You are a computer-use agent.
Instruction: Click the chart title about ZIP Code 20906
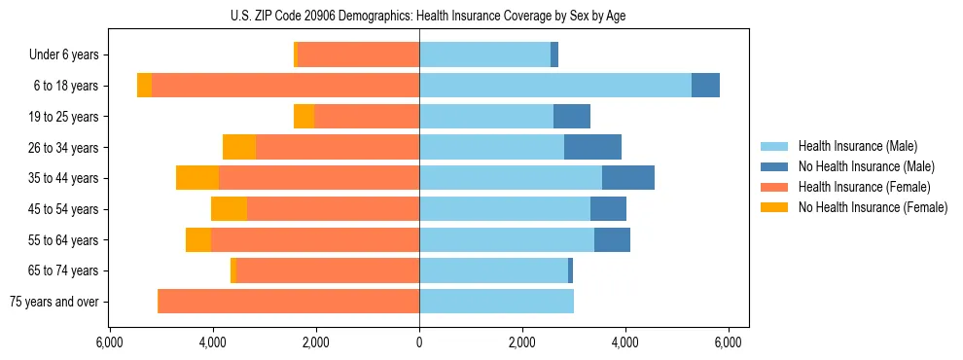(x=419, y=16)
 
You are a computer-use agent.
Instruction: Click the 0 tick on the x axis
(x=419, y=342)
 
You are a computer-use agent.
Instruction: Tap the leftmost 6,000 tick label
(x=110, y=342)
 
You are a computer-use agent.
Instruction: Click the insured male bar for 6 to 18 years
(x=554, y=86)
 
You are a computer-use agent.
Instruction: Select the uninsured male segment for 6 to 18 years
(x=705, y=86)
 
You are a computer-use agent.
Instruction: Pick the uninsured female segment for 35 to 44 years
(x=197, y=178)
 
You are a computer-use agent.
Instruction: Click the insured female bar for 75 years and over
(x=288, y=302)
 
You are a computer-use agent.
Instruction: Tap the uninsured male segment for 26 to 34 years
(x=592, y=147)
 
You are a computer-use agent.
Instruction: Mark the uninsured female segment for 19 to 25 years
(x=303, y=117)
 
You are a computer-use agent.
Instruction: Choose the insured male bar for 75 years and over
(x=496, y=302)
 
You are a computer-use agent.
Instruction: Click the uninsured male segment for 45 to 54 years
(x=608, y=209)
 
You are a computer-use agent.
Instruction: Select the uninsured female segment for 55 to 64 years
(x=198, y=240)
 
